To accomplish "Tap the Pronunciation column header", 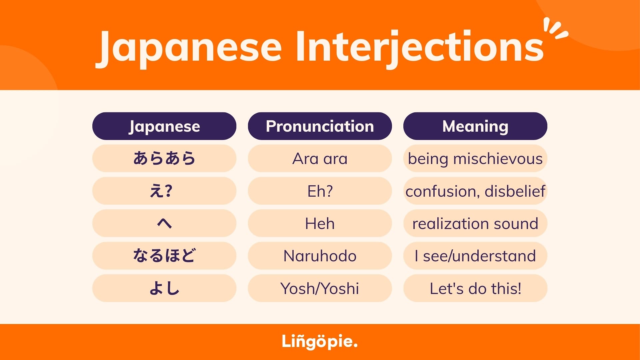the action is [320, 126].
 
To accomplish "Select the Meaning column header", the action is [475, 126].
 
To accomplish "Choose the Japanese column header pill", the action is [164, 126].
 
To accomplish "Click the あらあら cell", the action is [164, 158].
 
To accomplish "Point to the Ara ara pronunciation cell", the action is [320, 158].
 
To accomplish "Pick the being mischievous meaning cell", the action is [475, 158].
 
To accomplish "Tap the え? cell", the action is [164, 191].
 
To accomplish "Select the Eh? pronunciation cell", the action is [320, 191].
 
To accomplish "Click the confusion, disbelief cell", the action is [475, 191].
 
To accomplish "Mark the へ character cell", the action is [164, 223].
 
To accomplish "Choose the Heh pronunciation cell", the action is [320, 223].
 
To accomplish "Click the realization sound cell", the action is [475, 223].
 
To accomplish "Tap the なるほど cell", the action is [164, 256].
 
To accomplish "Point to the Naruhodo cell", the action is [320, 256].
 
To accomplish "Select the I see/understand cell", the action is [475, 256].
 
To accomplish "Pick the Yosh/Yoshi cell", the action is [320, 288].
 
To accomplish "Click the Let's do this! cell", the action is [475, 288].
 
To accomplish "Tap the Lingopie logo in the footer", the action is [320, 342].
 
